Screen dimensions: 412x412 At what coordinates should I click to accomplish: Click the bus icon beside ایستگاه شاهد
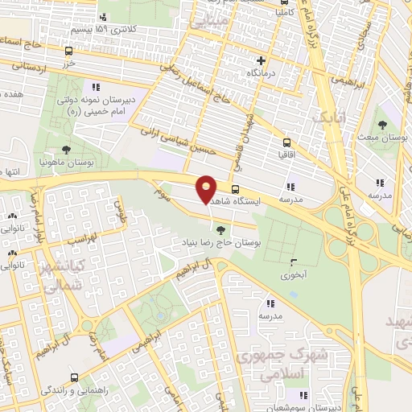235,191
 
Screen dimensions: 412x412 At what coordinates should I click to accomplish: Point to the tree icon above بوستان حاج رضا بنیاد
221,230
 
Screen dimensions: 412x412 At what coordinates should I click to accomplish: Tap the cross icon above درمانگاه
260,60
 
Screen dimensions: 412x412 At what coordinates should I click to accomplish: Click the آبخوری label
294,273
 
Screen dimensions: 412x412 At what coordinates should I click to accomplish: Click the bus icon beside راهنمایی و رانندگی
75,377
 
